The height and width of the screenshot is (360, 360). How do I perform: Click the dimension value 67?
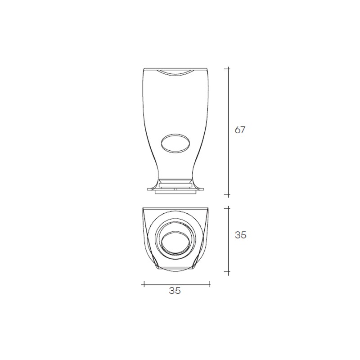(240, 130)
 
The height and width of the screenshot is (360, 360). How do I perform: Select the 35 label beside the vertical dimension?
(240, 235)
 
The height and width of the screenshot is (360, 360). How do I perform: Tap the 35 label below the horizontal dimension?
(175, 291)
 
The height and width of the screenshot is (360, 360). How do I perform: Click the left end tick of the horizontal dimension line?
(144, 284)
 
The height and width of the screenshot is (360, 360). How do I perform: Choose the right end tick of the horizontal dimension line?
(209, 284)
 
